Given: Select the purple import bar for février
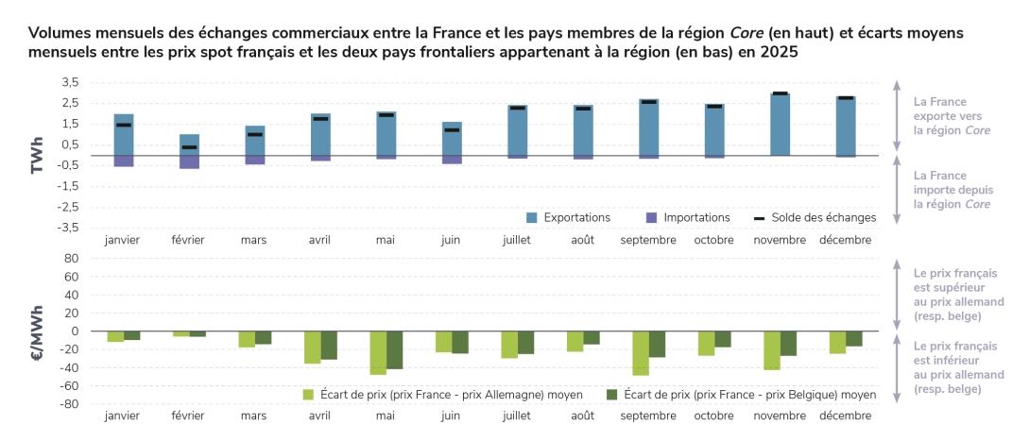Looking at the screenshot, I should tap(189, 161).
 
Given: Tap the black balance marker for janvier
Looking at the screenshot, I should tap(124, 125).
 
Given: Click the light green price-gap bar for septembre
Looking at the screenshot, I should tap(640, 353).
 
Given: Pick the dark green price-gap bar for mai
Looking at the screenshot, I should tap(394, 349).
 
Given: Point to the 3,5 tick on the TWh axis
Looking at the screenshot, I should tap(70, 83).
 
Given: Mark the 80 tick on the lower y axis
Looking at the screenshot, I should tap(70, 258).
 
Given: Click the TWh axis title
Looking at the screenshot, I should tap(39, 155).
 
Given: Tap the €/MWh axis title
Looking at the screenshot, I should tap(39, 331).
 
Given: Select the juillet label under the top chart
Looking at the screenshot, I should tap(517, 240).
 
